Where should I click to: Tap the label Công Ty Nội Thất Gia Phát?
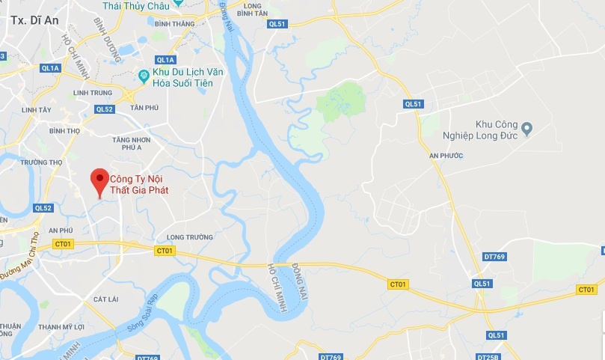[x=139, y=185]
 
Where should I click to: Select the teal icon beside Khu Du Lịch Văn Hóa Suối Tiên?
[x=143, y=76]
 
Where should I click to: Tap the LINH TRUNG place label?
[x=93, y=93]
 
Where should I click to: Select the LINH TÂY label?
[x=36, y=110]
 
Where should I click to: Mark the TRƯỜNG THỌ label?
[x=41, y=162]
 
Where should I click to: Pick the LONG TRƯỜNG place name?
[x=185, y=237]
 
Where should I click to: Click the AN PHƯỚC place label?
[x=446, y=155]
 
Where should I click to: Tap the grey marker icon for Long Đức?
[x=526, y=129]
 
